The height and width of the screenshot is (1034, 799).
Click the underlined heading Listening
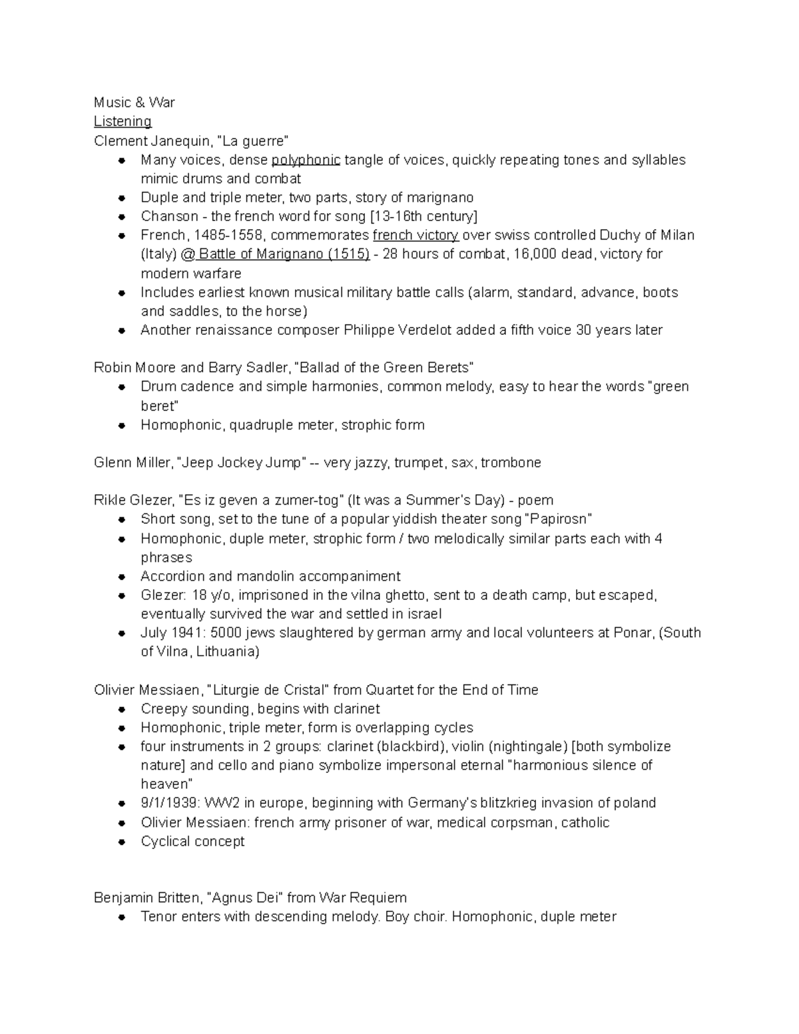point(123,121)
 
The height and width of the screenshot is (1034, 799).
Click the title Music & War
point(134,102)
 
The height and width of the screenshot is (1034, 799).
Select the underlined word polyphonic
point(306,160)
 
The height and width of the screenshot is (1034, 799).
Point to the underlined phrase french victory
point(415,235)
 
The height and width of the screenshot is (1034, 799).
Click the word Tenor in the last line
point(160,917)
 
